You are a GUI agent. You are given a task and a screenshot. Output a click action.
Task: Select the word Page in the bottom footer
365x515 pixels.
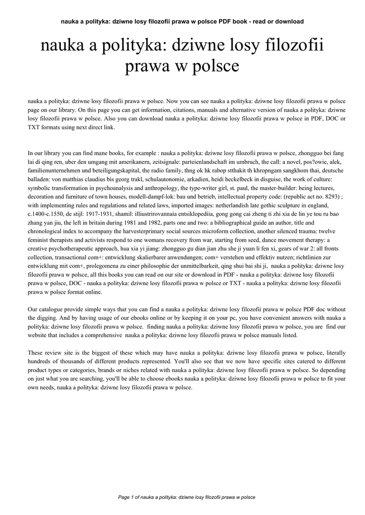coord(123,497)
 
